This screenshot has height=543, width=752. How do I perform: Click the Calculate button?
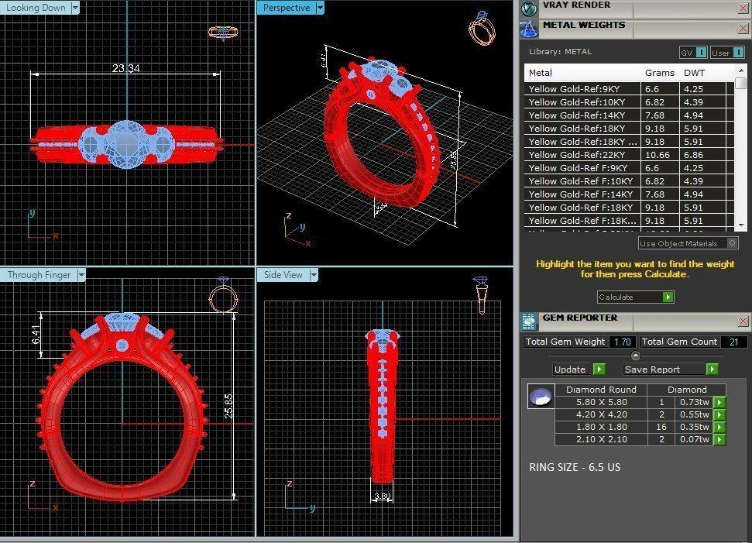[x=634, y=297]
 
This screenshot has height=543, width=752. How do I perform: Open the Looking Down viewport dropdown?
[x=75, y=8]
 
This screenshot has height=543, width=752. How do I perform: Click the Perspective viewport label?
[x=286, y=8]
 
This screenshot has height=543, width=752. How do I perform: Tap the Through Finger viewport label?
[x=39, y=275]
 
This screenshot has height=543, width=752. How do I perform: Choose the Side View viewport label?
[x=283, y=275]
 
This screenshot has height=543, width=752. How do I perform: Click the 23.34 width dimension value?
[x=125, y=68]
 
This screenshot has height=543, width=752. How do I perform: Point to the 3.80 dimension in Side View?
[x=382, y=497]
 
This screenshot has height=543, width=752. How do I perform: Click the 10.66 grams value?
[x=658, y=155]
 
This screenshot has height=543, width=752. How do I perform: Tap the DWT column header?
[x=695, y=73]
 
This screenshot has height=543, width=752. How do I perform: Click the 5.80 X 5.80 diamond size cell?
[x=601, y=402]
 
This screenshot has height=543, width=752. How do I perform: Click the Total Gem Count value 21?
[x=733, y=342]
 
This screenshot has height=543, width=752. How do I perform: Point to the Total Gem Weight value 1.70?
[x=622, y=342]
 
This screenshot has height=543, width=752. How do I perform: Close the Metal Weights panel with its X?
[x=743, y=30]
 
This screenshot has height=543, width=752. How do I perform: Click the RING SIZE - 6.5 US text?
[x=574, y=467]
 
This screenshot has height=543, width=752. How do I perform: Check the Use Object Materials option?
[x=732, y=243]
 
